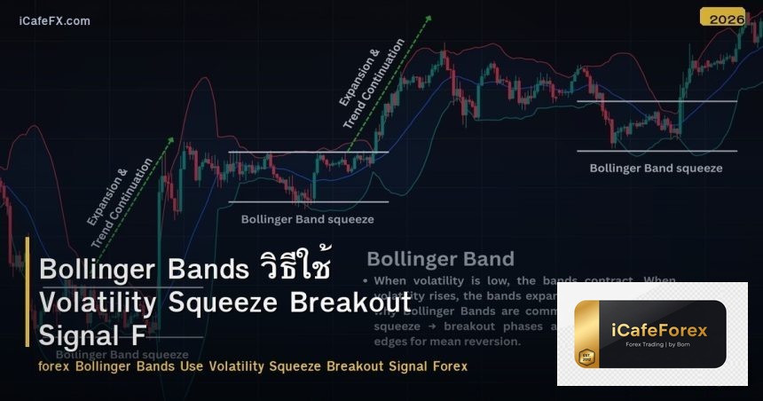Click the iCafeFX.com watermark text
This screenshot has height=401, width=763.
[x=54, y=20]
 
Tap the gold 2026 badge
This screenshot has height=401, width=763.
[x=722, y=17]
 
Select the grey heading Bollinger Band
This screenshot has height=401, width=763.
[x=440, y=259]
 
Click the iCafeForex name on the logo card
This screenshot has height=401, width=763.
[x=660, y=330]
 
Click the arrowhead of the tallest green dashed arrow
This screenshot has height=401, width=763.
[x=429, y=18]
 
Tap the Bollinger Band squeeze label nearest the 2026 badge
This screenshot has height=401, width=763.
[x=656, y=168]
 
